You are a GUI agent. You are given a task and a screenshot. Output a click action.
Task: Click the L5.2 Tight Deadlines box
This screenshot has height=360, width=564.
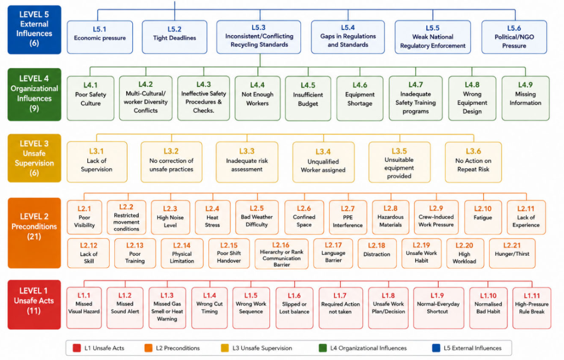tap(175, 37)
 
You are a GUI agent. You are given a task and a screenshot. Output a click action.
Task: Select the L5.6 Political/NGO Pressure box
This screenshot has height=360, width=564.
tap(514, 37)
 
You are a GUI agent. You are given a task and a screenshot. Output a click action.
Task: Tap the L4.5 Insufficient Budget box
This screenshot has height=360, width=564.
tap(308, 98)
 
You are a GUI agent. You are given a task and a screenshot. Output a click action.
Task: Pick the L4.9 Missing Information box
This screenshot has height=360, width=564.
tap(525, 98)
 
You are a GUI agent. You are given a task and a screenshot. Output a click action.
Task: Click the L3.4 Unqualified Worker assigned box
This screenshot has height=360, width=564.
tap(323, 162)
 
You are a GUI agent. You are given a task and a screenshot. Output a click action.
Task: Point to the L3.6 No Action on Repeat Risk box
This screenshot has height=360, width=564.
tap(474, 162)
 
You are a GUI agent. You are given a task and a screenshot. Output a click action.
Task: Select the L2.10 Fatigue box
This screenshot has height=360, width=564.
tap(483, 217)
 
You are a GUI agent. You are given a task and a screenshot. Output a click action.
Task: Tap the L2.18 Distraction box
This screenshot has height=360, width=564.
tap(377, 253)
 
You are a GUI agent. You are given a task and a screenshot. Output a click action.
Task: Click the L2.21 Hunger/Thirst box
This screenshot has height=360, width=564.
tap(512, 253)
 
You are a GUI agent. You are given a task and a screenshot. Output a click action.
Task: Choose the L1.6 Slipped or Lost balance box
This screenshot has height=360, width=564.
tap(294, 308)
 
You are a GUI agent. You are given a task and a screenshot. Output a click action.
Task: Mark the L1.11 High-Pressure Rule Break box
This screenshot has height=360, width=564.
tap(532, 308)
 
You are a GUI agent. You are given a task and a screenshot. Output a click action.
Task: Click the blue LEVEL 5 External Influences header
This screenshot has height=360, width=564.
tap(34, 30)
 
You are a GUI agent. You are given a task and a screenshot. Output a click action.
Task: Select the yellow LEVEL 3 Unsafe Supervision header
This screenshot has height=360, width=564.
tap(34, 158)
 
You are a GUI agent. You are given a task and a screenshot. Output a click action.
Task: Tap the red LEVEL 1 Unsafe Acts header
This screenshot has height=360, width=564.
tap(34, 304)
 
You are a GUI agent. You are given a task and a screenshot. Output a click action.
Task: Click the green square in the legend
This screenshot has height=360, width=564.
tap(322, 348)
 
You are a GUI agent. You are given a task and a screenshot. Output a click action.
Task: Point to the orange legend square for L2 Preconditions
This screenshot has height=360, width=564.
tap(148, 348)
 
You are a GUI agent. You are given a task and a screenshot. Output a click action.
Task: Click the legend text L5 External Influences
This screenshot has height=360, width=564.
tap(473, 348)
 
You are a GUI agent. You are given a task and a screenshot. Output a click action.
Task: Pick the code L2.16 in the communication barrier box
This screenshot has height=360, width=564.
tap(281, 245)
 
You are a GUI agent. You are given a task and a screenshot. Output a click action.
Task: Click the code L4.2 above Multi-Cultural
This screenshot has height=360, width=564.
tap(146, 84)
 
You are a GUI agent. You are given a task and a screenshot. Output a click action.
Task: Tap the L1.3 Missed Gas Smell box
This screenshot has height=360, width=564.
tap(167, 308)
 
